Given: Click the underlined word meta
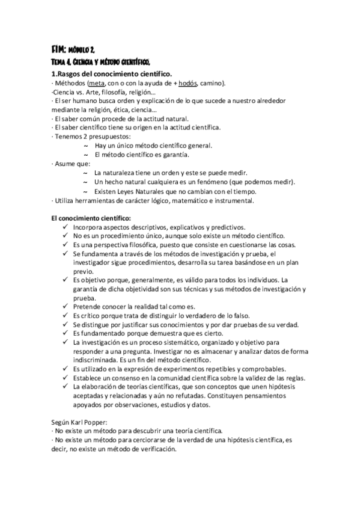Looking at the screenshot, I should coord(96,83).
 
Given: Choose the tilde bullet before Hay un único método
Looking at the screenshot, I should coord(85,146).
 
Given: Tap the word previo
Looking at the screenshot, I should coord(84,271).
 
